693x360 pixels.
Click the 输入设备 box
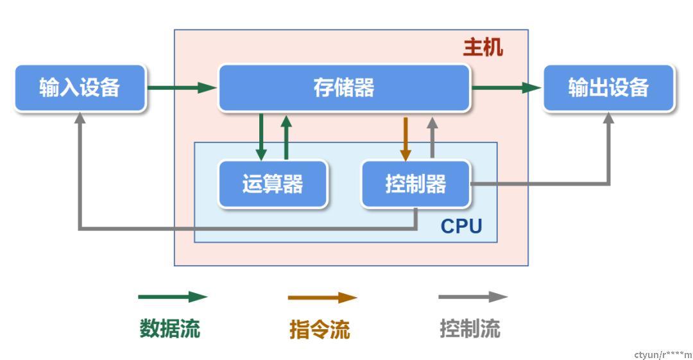tap(80, 88)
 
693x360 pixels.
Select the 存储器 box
tap(344, 88)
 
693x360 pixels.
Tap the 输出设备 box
tap(608, 88)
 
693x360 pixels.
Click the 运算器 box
tap(273, 184)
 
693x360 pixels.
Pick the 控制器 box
tap(416, 184)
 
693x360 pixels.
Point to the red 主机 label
tap(483, 48)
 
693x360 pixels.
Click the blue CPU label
tap(461, 227)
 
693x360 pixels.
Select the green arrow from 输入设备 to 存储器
tap(182, 87)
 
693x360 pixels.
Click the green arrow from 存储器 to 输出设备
tap(507, 87)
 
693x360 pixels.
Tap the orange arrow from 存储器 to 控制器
tap(406, 138)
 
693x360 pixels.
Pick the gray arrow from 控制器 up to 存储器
tap(432, 138)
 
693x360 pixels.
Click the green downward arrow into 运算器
tap(261, 137)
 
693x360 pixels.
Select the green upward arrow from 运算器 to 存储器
tap(286, 137)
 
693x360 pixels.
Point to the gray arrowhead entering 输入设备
tap(80, 119)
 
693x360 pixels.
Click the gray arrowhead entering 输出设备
tap(608, 119)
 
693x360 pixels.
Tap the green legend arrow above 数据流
tap(173, 297)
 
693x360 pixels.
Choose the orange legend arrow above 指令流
tap(322, 298)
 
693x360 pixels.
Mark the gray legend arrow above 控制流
tap(473, 297)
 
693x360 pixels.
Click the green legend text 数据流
tap(170, 329)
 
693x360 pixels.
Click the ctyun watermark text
tap(662, 354)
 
